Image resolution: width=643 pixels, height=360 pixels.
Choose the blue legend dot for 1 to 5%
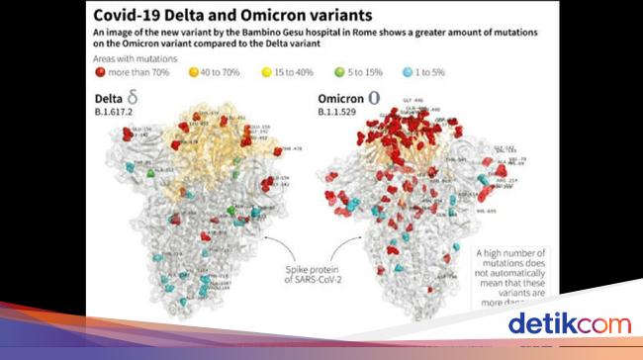click(x=407, y=74)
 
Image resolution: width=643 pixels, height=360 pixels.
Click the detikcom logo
click(x=569, y=323)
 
